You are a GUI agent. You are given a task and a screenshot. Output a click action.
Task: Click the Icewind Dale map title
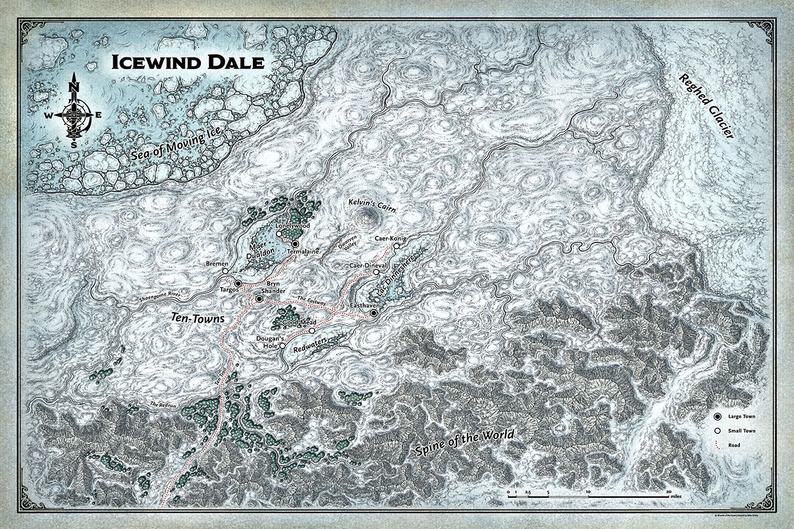click(x=187, y=62)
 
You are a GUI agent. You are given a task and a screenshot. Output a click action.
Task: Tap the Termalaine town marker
click(x=295, y=244)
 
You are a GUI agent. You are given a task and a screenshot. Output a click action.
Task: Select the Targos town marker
click(x=238, y=283)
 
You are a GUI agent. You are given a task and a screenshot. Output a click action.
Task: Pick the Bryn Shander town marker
click(x=259, y=299)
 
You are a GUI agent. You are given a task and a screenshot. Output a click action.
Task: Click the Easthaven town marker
click(x=374, y=313)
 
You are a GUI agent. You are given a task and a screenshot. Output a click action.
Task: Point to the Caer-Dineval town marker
click(x=376, y=272)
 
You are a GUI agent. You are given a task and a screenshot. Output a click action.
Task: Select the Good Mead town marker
click(x=312, y=331)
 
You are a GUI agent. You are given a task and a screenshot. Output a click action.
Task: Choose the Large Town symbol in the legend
click(x=716, y=416)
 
